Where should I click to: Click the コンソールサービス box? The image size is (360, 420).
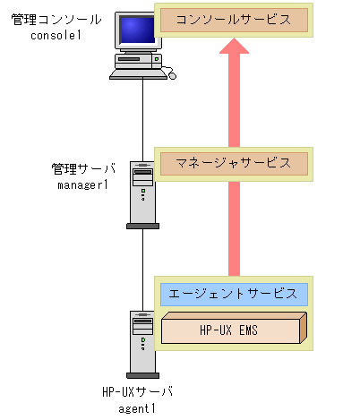(233, 19)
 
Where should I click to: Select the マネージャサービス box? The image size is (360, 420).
(233, 163)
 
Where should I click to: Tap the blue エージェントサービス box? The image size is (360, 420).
(233, 293)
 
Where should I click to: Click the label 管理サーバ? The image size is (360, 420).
(78, 167)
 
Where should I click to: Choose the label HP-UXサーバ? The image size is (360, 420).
(137, 392)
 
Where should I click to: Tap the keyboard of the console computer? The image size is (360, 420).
(141, 74)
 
